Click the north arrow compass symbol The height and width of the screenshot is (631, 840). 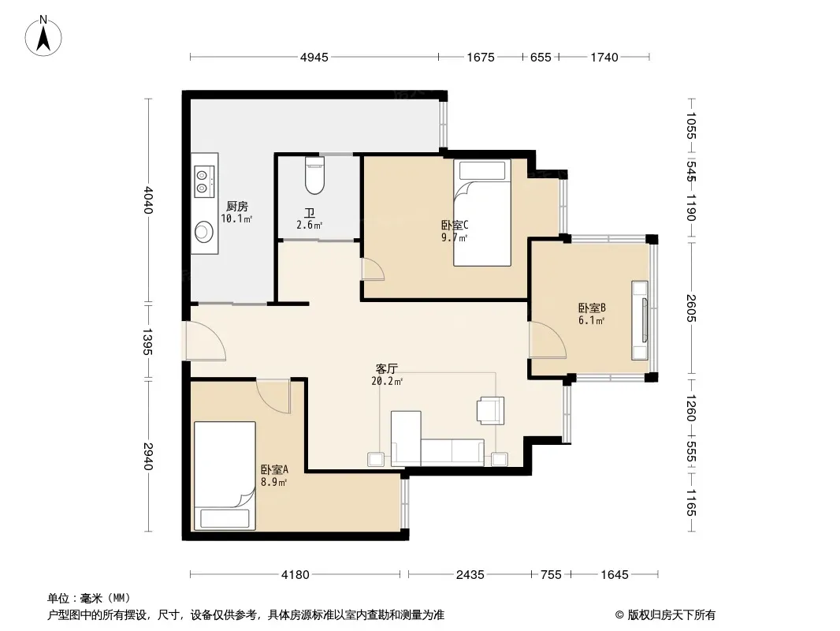pyautogui.click(x=43, y=36)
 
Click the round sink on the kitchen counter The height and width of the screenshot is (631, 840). pyautogui.click(x=204, y=232)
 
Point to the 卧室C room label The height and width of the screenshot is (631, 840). pyautogui.click(x=455, y=225)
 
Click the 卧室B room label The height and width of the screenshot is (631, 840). pyautogui.click(x=592, y=308)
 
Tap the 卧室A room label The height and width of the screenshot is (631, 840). pyautogui.click(x=275, y=469)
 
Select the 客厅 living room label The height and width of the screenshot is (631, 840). pyautogui.click(x=386, y=369)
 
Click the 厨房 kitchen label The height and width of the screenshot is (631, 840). pyautogui.click(x=236, y=207)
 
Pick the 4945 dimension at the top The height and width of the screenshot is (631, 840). pyautogui.click(x=314, y=57)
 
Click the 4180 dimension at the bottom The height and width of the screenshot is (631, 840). pyautogui.click(x=295, y=575)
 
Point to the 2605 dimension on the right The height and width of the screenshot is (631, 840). pyautogui.click(x=691, y=308)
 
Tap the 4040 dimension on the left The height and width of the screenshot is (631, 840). pyautogui.click(x=148, y=200)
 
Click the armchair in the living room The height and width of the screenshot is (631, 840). pyautogui.click(x=491, y=411)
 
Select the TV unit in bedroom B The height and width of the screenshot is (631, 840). pyautogui.click(x=640, y=320)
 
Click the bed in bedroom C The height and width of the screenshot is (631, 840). pyautogui.click(x=482, y=212)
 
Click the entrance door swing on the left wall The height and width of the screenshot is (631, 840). pyautogui.click(x=205, y=341)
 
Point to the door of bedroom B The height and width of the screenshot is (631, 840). pyautogui.click(x=548, y=339)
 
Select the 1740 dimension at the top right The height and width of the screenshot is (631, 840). pyautogui.click(x=604, y=57)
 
